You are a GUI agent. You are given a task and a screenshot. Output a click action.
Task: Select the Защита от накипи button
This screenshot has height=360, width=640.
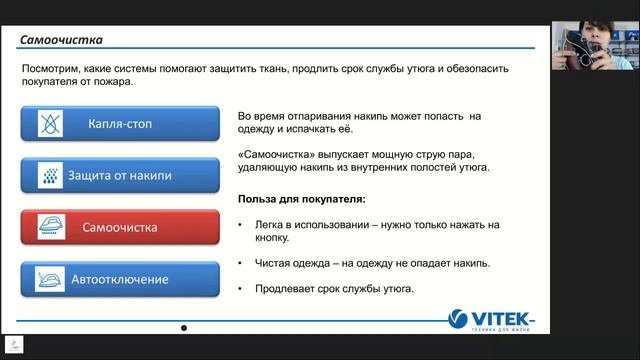click(119, 176)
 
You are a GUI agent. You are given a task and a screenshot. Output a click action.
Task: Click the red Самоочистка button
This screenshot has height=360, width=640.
click(119, 228)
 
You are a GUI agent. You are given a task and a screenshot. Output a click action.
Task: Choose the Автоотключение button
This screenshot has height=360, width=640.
click(119, 279)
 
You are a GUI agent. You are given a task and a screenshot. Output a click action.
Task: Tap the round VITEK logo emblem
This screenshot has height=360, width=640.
click(457, 319)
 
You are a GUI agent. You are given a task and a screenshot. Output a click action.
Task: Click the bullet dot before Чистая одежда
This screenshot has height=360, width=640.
click(242, 263)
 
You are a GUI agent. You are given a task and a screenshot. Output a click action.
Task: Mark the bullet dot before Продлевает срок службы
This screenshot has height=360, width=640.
click(242, 289)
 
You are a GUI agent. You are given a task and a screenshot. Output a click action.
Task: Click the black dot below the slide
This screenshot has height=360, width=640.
click(183, 328)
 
